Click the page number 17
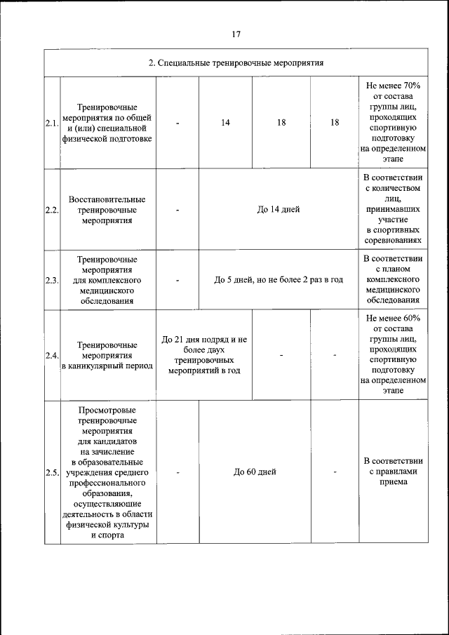tap(236, 33)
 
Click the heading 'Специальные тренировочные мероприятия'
tap(236, 62)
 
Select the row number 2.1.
tap(51, 123)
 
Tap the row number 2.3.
tap(51, 280)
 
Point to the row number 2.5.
tap(51, 472)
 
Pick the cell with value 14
tap(225, 123)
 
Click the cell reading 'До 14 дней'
tap(279, 209)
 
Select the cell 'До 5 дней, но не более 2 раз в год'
tap(279, 280)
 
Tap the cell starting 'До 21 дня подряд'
tap(204, 355)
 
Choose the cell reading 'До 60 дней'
tap(255, 472)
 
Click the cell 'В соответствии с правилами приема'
tap(393, 472)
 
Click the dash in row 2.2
tap(177, 209)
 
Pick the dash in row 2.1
tap(177, 123)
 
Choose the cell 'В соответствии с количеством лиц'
tap(393, 209)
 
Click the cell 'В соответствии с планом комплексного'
tap(393, 280)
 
